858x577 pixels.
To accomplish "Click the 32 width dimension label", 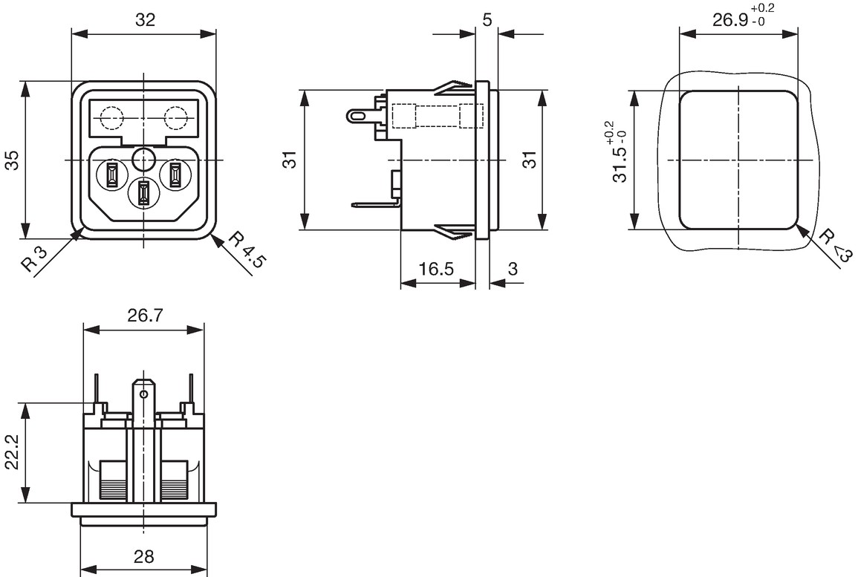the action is click(x=145, y=20).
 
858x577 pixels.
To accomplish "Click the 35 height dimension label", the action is click(x=12, y=160).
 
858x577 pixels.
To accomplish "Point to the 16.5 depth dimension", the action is click(x=436, y=269).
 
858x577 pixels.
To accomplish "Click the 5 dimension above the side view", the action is click(x=487, y=20).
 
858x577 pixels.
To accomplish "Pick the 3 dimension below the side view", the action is click(x=512, y=269).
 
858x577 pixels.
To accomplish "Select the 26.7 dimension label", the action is click(x=145, y=315).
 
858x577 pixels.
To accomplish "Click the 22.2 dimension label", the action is click(x=12, y=452).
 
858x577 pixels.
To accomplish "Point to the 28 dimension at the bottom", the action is click(x=143, y=556).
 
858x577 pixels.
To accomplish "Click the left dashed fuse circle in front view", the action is click(x=111, y=117).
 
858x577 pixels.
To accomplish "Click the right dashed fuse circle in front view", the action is click(x=176, y=117).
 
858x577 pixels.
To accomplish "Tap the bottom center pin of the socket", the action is click(x=143, y=194).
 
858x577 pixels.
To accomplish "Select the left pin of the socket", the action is click(x=111, y=175).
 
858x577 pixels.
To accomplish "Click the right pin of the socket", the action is click(x=175, y=175).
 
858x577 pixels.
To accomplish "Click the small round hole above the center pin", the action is click(x=143, y=160).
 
